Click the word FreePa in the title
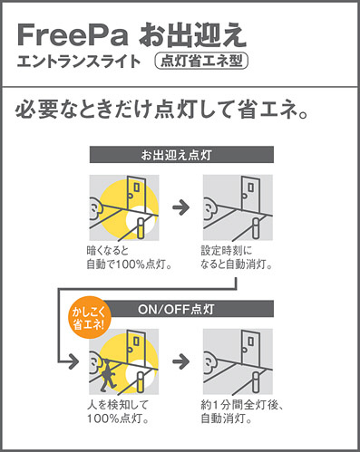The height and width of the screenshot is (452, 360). tap(73, 35)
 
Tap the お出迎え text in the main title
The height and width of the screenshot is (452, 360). tap(192, 35)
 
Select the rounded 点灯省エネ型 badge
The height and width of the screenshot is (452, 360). tap(201, 61)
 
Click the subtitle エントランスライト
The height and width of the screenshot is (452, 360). tap(79, 62)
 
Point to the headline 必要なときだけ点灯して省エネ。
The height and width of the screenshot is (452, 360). tap(162, 111)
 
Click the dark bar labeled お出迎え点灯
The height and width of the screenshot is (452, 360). tap(181, 155)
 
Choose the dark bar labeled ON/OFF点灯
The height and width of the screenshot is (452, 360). tap(188, 309)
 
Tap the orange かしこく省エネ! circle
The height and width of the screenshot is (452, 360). tap(89, 318)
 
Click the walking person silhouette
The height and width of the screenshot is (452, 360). tap(107, 375)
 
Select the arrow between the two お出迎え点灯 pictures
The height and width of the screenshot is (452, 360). tap(181, 207)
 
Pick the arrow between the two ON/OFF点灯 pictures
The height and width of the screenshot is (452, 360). tap(181, 361)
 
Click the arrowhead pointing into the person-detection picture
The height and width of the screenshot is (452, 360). tap(73, 361)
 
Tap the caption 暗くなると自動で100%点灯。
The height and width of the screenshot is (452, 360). tap(130, 257)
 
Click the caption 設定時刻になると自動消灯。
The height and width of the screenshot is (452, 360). tap(237, 257)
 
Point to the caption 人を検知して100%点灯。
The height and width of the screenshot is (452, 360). tap(118, 411)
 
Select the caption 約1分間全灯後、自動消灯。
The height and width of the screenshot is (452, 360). tap(242, 411)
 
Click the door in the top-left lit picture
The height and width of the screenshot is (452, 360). tap(137, 195)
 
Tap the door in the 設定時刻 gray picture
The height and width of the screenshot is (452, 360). tap(250, 195)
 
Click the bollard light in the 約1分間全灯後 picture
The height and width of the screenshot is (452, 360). tap(256, 381)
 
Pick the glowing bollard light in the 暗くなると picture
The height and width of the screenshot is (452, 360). tap(141, 227)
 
